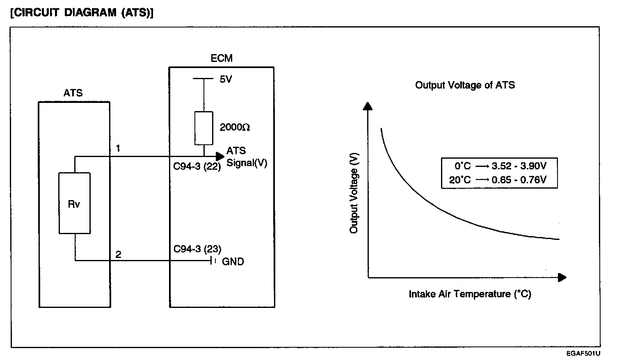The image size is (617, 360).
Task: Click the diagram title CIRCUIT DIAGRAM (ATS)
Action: tap(81, 13)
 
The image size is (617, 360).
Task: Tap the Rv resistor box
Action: tap(74, 203)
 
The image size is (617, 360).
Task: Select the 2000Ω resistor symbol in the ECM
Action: tap(203, 128)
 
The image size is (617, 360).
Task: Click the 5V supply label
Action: tap(226, 80)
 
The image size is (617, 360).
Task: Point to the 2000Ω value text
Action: tap(235, 128)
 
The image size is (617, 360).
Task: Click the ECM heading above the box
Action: tap(222, 58)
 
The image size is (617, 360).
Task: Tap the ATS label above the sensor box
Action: tap(73, 93)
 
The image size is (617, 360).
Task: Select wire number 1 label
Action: tap(118, 148)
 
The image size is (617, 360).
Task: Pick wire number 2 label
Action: tap(118, 255)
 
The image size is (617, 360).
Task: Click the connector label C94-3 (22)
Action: tap(197, 167)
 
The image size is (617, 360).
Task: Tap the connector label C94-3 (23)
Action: tap(197, 249)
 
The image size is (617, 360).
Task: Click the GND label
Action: tap(233, 262)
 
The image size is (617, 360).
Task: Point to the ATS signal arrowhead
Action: tap(220, 156)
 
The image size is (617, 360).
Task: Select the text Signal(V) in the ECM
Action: tap(247, 163)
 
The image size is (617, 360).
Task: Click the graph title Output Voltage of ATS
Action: tap(465, 85)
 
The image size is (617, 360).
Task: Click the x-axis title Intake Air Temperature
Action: tap(470, 294)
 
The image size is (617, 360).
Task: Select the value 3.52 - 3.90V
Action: tap(519, 166)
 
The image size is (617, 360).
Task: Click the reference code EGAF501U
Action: tap(584, 353)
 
